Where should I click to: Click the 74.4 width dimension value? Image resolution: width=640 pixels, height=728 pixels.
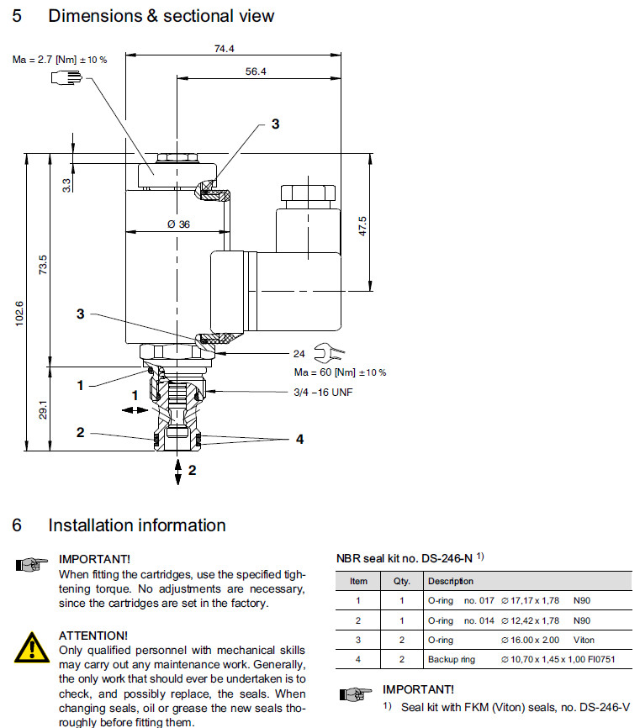click(224, 50)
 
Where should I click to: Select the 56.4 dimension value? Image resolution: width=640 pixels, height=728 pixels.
click(256, 72)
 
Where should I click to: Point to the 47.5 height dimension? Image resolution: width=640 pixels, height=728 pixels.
click(362, 225)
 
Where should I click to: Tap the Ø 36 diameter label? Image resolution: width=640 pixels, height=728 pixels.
click(178, 224)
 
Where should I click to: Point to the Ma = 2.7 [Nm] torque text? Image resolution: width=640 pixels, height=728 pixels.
click(60, 59)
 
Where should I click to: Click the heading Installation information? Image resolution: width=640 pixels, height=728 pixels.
click(136, 525)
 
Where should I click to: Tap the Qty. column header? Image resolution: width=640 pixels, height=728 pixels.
click(402, 581)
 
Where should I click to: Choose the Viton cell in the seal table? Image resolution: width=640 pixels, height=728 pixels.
click(584, 640)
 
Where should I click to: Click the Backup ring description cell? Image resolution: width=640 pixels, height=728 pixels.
click(452, 659)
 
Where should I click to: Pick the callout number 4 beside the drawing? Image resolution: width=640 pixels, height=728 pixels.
click(299, 439)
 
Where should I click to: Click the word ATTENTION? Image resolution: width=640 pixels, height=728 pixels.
click(93, 635)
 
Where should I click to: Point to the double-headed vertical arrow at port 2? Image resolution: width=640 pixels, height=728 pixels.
click(177, 471)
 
